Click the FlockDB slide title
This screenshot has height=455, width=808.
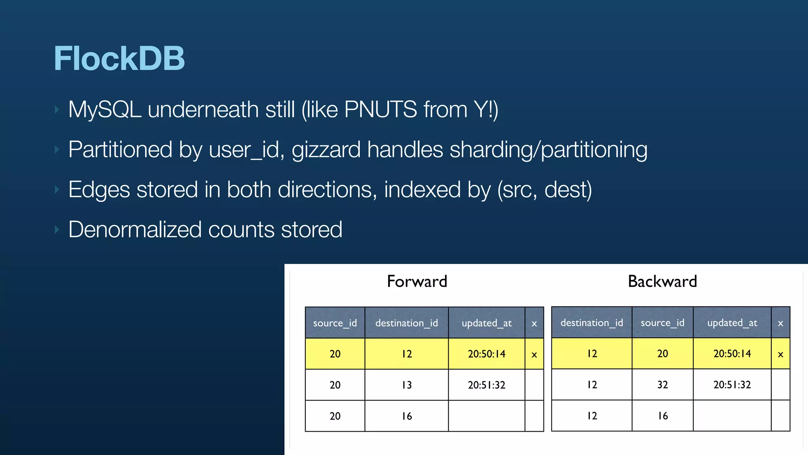click(119, 58)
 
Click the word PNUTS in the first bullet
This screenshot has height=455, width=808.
click(380, 109)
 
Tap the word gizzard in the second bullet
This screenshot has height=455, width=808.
click(326, 150)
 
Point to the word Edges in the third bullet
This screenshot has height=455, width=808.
click(99, 190)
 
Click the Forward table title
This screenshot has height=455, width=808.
click(417, 282)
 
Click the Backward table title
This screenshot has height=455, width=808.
click(662, 282)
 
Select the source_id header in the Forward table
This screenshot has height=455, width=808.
click(335, 323)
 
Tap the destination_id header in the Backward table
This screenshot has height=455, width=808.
click(592, 323)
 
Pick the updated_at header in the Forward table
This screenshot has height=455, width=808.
click(486, 323)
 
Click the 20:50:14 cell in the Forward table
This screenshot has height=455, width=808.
click(486, 354)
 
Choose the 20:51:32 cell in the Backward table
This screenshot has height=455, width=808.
click(732, 385)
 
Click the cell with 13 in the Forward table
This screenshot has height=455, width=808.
click(407, 385)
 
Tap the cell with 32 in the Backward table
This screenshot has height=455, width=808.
click(662, 385)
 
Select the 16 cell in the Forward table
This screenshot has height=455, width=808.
click(407, 416)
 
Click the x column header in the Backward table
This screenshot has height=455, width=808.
click(780, 323)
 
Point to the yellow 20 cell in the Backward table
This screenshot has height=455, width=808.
click(662, 353)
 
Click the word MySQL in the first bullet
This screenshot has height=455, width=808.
click(105, 109)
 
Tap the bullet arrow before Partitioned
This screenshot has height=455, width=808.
click(57, 150)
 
